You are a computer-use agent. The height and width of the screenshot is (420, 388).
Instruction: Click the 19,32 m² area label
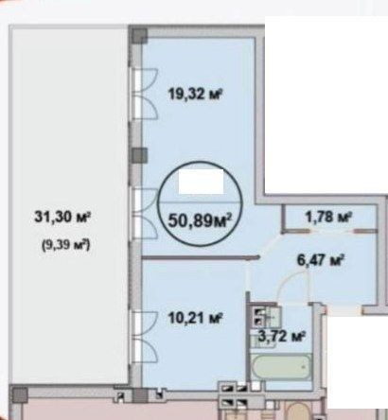click(196, 94)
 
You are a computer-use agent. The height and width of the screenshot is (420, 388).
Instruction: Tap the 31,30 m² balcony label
click(62, 218)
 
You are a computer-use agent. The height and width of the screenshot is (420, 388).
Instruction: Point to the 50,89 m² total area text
click(201, 220)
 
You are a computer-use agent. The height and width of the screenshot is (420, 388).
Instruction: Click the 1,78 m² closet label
click(328, 217)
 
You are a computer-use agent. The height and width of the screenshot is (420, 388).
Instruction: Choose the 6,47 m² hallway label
click(320, 260)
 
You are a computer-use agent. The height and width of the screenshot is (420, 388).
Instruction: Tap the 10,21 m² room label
click(196, 318)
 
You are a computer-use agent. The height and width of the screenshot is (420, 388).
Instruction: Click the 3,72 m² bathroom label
click(282, 337)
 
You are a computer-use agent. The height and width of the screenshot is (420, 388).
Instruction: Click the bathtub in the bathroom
click(282, 367)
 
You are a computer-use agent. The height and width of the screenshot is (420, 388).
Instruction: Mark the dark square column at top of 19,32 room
click(139, 36)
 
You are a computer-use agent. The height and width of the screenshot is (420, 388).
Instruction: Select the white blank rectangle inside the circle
click(201, 182)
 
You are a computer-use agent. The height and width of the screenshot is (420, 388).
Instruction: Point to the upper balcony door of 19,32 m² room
click(145, 94)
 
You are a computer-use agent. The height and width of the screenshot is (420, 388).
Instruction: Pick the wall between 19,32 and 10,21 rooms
click(201, 257)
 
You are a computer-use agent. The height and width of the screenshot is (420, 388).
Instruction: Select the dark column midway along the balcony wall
click(139, 156)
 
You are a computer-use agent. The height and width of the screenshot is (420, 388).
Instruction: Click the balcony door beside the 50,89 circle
click(145, 214)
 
